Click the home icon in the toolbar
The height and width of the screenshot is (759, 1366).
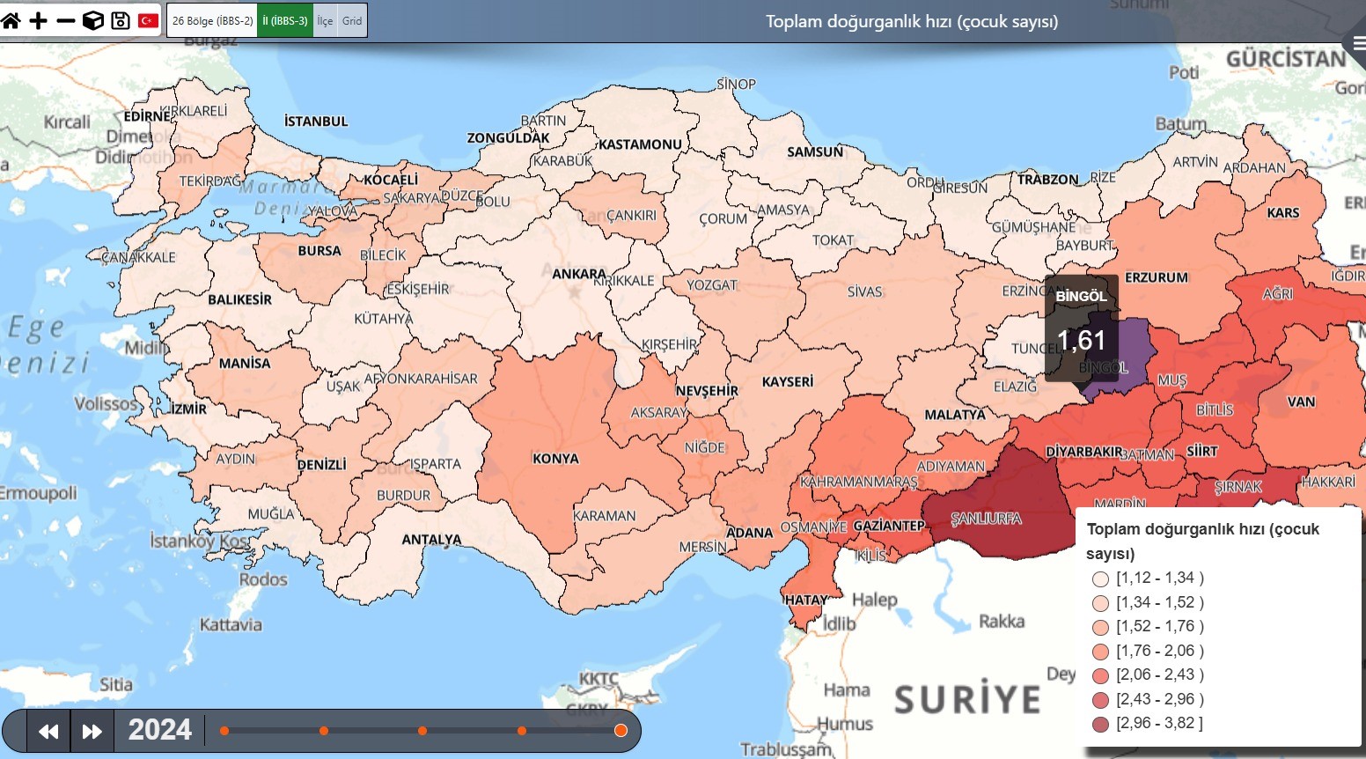pyautogui.click(x=11, y=20)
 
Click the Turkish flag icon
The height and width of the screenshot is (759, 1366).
pyautogui.click(x=149, y=20)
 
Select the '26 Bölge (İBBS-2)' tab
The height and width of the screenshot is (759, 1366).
pyautogui.click(x=212, y=20)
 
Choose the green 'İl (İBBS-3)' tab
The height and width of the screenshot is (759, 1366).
pyautogui.click(x=285, y=20)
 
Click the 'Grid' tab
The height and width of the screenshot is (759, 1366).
pyautogui.click(x=352, y=20)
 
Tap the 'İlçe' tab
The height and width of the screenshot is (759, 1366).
pyautogui.click(x=325, y=20)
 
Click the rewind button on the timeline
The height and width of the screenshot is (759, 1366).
pyautogui.click(x=48, y=731)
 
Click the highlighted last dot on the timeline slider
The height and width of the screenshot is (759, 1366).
pyautogui.click(x=621, y=731)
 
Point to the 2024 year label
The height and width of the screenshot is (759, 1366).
pyautogui.click(x=159, y=730)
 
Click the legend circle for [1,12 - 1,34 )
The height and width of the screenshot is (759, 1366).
pyautogui.click(x=1100, y=578)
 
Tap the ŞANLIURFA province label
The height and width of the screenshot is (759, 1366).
pyautogui.click(x=986, y=519)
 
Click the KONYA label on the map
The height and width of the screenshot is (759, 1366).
pyautogui.click(x=555, y=459)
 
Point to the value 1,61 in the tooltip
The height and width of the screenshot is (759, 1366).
pyautogui.click(x=1081, y=341)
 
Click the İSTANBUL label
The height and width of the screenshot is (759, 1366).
pyautogui.click(x=316, y=122)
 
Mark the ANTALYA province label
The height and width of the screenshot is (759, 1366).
pyautogui.click(x=431, y=539)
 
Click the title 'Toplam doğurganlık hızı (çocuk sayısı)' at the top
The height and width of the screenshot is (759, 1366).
pyautogui.click(x=911, y=21)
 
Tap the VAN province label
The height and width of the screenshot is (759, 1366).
pyautogui.click(x=1301, y=402)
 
